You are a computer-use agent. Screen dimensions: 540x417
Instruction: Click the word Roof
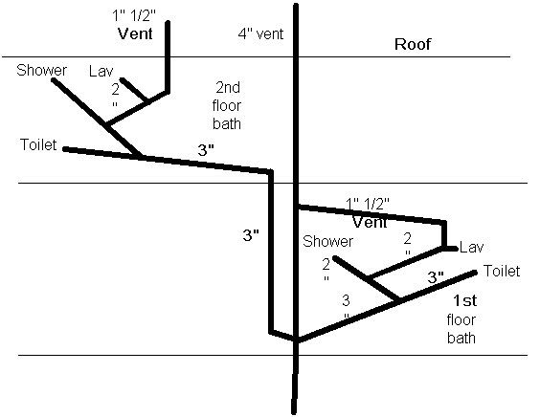pos(413,44)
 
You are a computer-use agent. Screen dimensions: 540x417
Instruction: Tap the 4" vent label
pos(260,34)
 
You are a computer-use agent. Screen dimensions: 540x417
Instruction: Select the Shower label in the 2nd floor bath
pos(41,70)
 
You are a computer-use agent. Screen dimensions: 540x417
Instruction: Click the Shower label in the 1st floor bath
pos(327,241)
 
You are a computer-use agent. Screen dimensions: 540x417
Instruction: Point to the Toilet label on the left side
pos(38,144)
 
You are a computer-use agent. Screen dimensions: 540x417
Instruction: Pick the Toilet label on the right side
pos(502,271)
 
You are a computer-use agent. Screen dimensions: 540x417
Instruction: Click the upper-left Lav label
pos(101,71)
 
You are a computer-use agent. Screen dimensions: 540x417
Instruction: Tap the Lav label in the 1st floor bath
pos(471,247)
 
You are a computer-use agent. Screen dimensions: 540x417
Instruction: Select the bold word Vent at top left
pos(135,33)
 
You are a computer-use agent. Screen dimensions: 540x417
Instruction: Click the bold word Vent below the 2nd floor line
pos(370,222)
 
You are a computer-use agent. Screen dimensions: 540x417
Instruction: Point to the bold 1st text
pos(465,300)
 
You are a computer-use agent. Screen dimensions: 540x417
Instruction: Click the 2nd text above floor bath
pos(228,87)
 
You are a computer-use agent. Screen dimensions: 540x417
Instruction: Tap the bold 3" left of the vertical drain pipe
pos(251,235)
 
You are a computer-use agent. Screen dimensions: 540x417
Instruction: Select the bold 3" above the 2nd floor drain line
pos(206,150)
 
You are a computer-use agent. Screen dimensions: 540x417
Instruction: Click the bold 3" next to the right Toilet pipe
pos(436,277)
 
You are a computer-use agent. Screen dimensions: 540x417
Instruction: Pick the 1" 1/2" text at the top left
pos(134,16)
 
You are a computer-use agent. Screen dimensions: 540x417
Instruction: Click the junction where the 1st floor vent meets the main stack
pos(296,207)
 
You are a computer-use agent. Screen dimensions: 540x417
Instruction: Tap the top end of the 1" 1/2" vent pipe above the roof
pos(169,23)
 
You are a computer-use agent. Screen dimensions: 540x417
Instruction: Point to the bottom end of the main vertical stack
pos(294,412)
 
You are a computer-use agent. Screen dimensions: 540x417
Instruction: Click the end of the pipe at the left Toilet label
pos(64,149)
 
